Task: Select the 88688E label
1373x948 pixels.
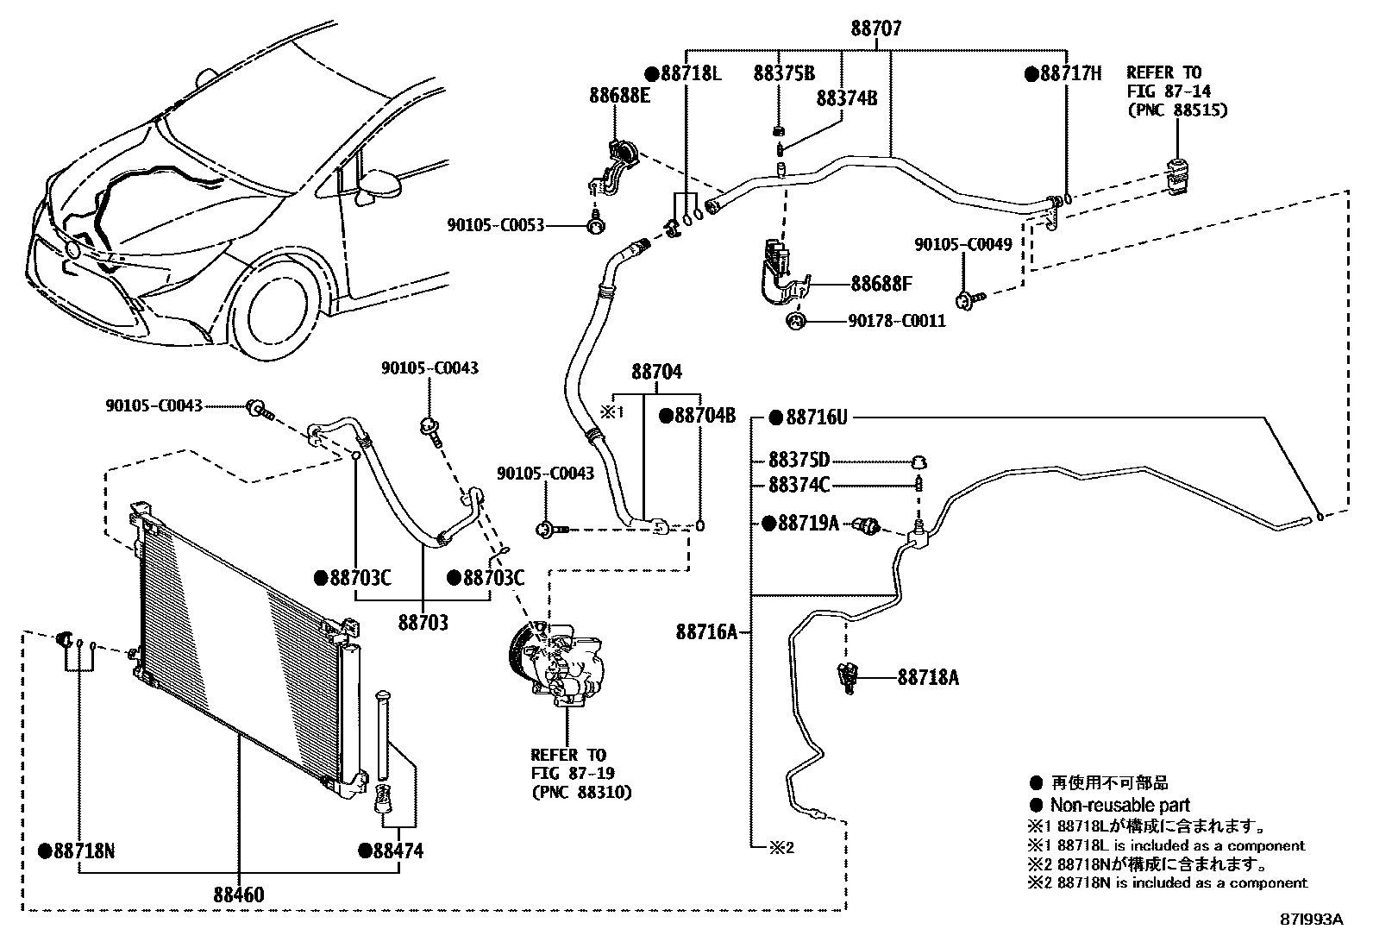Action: click(619, 95)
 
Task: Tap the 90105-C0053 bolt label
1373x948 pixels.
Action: click(495, 225)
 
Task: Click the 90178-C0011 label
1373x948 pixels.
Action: click(897, 322)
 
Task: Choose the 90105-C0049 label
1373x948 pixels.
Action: click(962, 245)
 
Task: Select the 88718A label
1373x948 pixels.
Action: click(927, 677)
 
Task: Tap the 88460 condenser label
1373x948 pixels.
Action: click(239, 895)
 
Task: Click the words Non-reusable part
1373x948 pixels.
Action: click(1119, 806)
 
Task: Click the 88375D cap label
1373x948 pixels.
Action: click(799, 461)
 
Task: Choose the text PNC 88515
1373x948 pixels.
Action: click(1177, 110)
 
